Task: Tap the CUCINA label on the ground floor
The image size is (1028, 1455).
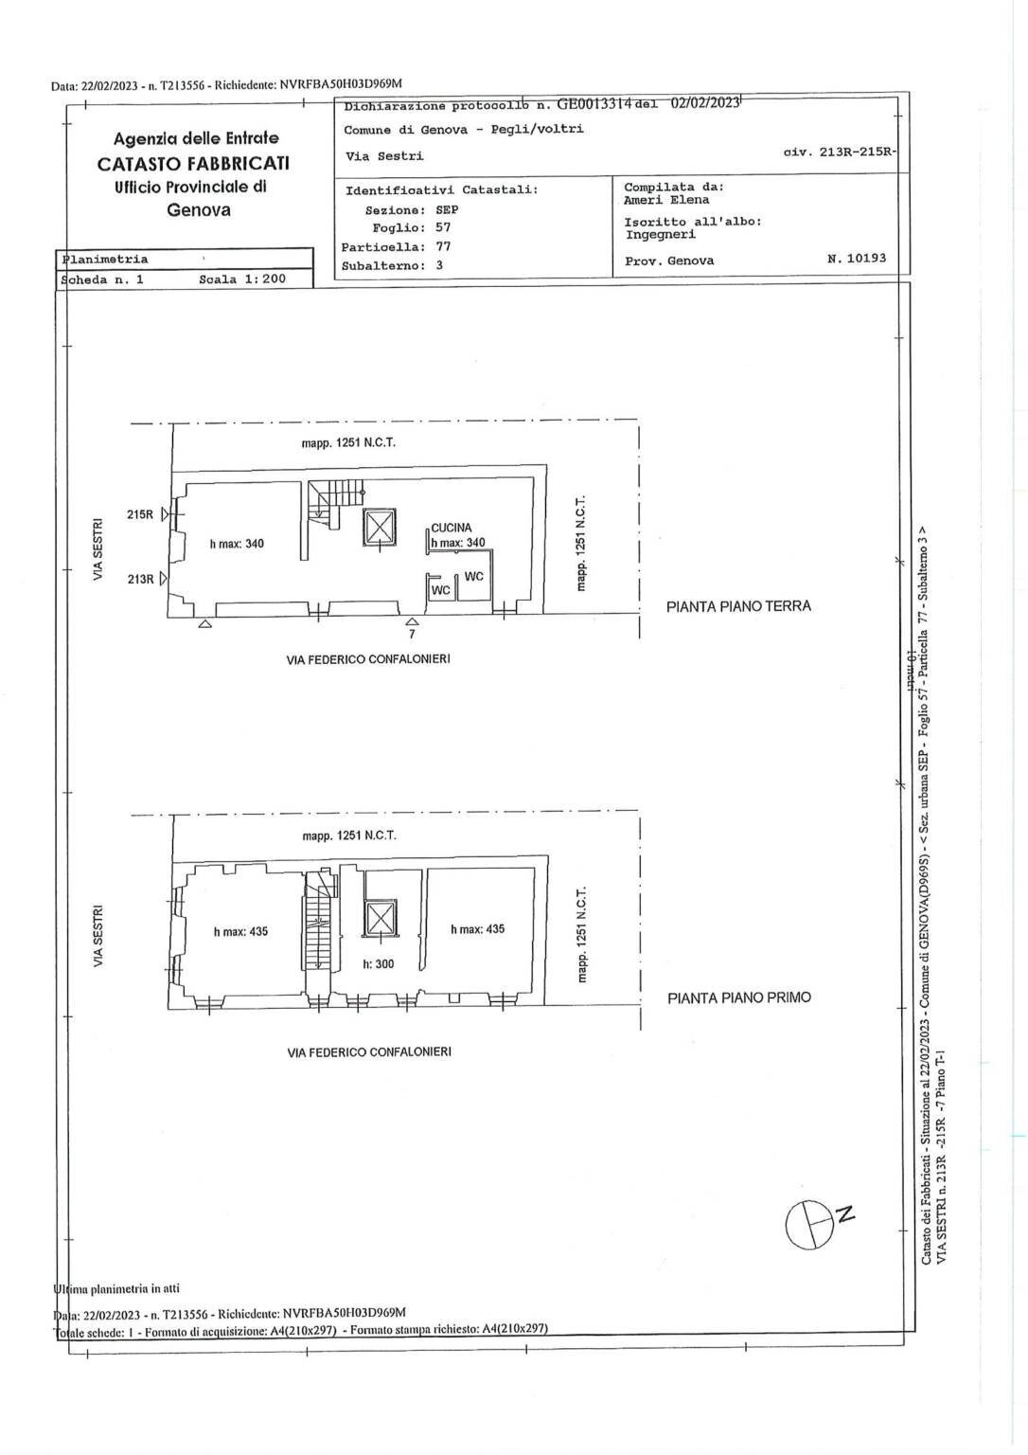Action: (452, 529)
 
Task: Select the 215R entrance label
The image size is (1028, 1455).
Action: (140, 514)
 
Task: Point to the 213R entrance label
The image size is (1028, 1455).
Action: (140, 578)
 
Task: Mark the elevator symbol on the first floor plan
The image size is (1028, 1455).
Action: (379, 918)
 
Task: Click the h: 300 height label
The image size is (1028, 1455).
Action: (379, 964)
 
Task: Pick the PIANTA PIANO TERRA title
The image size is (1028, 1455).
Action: (738, 606)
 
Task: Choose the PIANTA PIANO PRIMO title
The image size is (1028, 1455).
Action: (738, 997)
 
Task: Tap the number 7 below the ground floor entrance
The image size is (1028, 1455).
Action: (412, 634)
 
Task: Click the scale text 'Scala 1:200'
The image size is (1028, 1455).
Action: (242, 279)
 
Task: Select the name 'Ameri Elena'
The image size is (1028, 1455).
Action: (666, 200)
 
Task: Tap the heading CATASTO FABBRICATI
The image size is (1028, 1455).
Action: (193, 163)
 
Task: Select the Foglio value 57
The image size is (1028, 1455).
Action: (443, 227)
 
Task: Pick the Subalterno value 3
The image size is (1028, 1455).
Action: (439, 265)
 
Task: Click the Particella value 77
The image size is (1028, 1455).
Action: (443, 246)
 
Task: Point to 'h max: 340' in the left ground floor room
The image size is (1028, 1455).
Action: (237, 544)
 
